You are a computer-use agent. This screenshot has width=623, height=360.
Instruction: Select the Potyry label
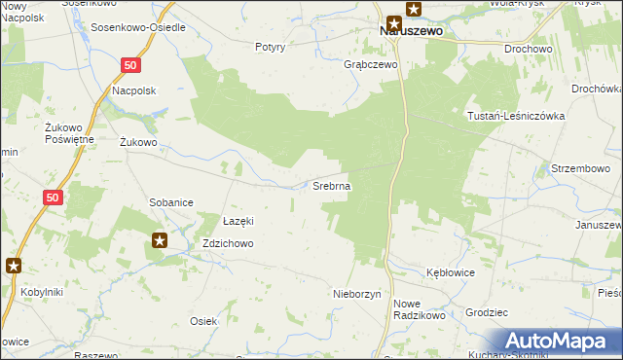click(270, 47)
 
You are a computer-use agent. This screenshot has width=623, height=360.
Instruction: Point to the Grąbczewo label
click(372, 65)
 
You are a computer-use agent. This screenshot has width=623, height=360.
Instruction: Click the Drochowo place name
click(527, 48)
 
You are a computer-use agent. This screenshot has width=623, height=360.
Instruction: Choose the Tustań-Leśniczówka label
click(516, 115)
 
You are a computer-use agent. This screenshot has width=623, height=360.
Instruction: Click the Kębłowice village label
click(450, 272)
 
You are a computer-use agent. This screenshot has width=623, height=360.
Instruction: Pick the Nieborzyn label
click(356, 293)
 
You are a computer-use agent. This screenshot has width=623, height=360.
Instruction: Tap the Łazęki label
click(238, 220)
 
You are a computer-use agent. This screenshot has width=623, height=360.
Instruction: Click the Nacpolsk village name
click(134, 90)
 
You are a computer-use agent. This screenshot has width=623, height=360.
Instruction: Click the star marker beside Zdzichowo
click(160, 239)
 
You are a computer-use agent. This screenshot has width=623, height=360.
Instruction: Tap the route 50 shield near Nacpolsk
click(132, 64)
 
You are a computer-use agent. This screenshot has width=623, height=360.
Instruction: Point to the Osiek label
click(202, 321)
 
